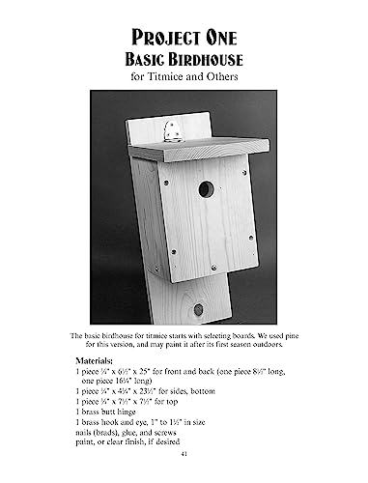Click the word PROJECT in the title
pyautogui.click(x=156, y=36)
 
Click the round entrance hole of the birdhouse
pyautogui.click(x=206, y=188)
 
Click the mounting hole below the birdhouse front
pyautogui.click(x=198, y=310)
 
